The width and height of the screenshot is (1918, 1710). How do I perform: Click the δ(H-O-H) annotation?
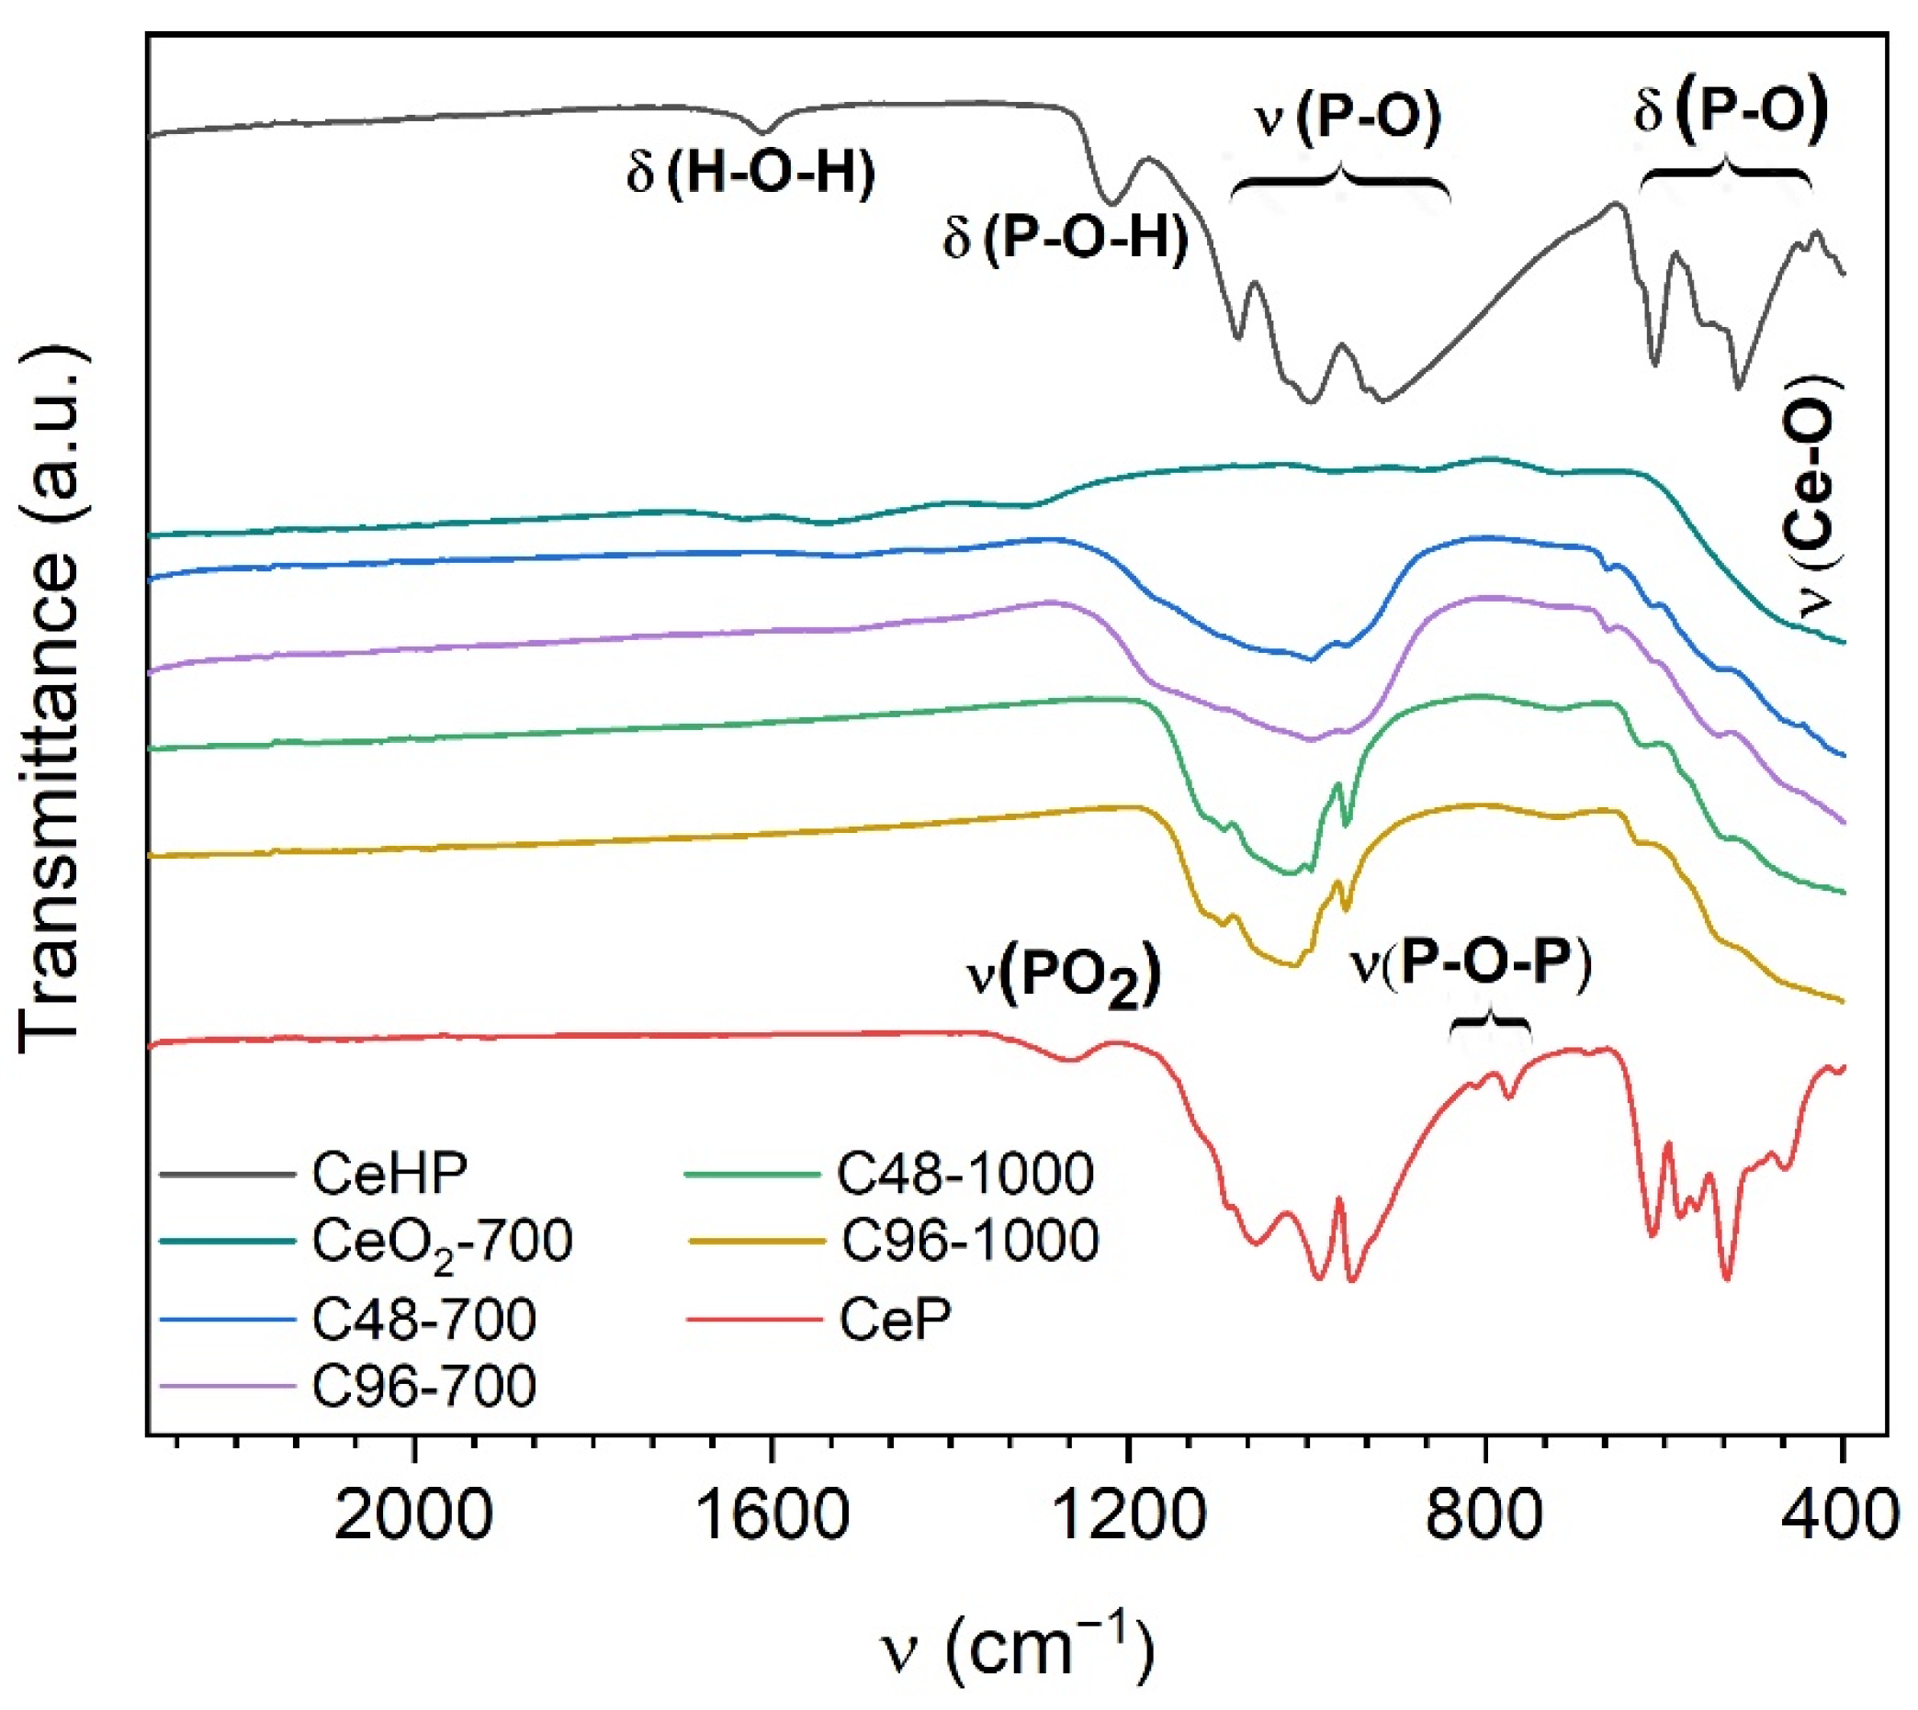[750, 173]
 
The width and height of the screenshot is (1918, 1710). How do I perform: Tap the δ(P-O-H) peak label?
[1066, 239]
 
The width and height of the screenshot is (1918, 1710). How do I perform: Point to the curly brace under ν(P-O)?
[1340, 185]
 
